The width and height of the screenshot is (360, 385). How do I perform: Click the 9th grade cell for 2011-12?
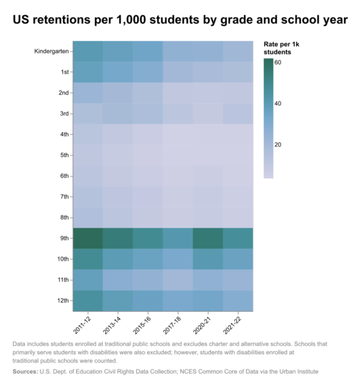click(x=88, y=238)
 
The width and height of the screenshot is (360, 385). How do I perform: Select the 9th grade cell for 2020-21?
click(x=208, y=238)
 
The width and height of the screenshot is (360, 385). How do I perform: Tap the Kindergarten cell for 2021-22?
click(x=238, y=51)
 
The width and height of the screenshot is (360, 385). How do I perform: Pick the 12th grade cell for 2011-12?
click(x=88, y=301)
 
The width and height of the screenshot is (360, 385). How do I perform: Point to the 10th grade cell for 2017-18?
click(x=178, y=259)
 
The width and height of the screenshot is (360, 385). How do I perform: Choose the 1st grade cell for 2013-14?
click(x=118, y=72)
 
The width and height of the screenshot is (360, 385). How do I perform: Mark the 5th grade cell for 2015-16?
click(x=148, y=155)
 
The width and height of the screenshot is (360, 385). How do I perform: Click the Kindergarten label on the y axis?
click(x=51, y=51)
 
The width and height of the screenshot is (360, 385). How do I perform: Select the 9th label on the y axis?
click(x=64, y=238)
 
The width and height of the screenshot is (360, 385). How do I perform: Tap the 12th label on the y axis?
click(x=63, y=300)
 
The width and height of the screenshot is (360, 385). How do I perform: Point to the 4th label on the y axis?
click(x=64, y=134)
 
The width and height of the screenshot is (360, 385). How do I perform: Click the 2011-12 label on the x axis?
click(x=82, y=325)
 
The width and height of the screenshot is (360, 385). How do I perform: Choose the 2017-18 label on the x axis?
click(x=172, y=325)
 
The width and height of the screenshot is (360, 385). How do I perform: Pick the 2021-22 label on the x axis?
click(x=232, y=325)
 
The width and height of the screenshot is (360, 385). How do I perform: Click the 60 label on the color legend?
click(x=278, y=62)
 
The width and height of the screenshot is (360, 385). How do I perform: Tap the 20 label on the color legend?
click(x=278, y=144)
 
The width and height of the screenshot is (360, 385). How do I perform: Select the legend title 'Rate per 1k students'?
click(x=282, y=48)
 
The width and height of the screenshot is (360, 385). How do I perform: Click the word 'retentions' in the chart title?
click(x=62, y=20)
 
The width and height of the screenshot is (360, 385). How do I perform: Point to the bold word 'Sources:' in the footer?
click(x=25, y=372)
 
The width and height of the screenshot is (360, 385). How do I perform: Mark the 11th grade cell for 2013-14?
click(x=118, y=280)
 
